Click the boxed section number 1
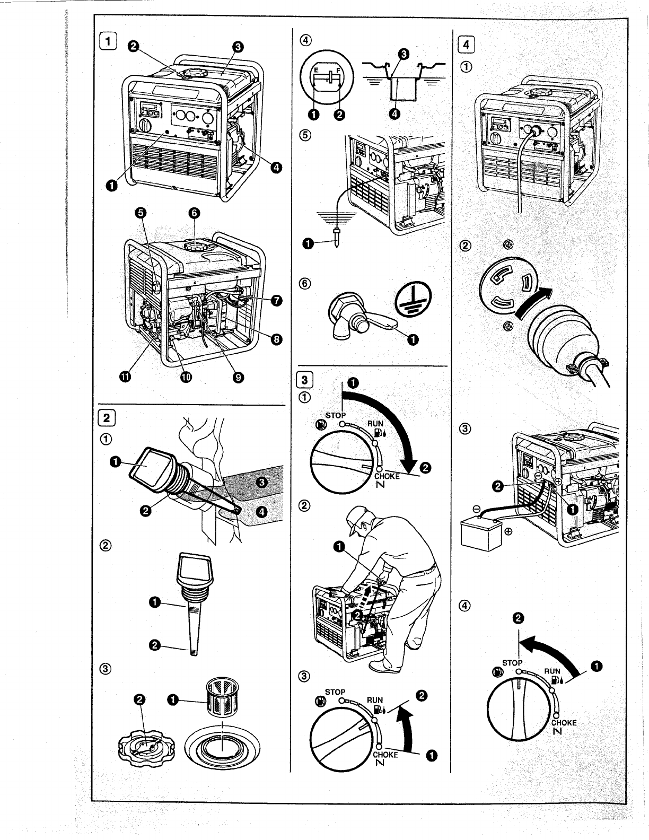click(108, 40)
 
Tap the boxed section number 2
click(108, 416)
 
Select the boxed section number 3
click(304, 380)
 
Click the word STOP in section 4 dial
click(513, 663)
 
